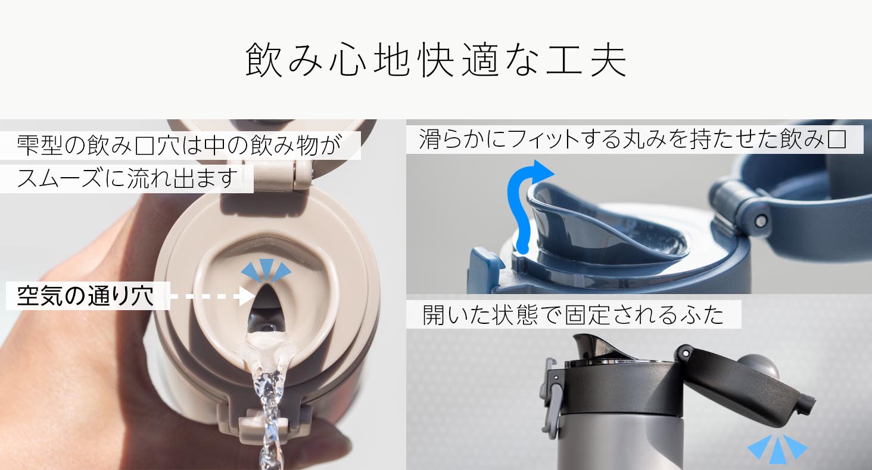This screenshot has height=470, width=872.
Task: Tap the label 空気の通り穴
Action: pyautogui.click(x=85, y=296)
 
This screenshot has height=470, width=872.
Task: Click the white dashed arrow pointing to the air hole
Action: pyautogui.click(x=213, y=296)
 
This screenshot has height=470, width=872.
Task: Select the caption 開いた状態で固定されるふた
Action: pyautogui.click(x=573, y=314)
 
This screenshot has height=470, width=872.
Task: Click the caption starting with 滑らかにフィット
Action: pyautogui.click(x=633, y=139)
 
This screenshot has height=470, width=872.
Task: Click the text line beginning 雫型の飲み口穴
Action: pyautogui.click(x=179, y=146)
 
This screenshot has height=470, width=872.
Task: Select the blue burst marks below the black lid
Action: pyautogui.click(x=777, y=450)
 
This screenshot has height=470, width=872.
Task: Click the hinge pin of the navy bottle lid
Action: pyautogui.click(x=760, y=221)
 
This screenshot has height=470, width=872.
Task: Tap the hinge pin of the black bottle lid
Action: pyautogui.click(x=686, y=354)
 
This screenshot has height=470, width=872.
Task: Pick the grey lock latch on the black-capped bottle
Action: pyautogui.click(x=552, y=397)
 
